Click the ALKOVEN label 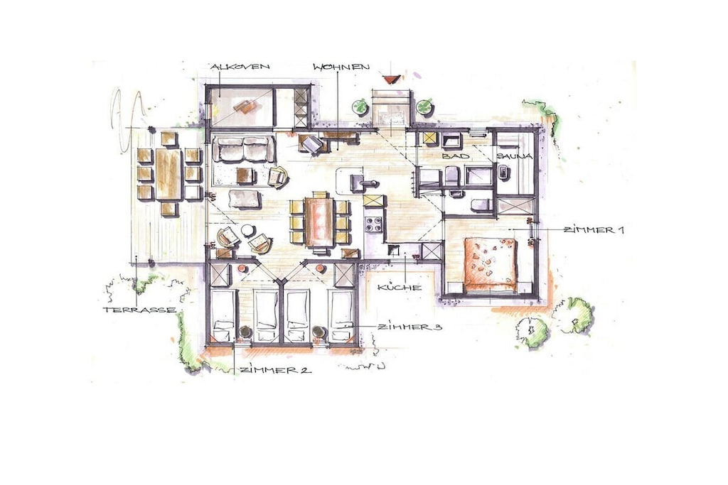pyautogui.click(x=240, y=67)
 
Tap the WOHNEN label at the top pyautogui.click(x=341, y=67)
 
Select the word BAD pyautogui.click(x=456, y=156)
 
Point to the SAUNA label pyautogui.click(x=514, y=156)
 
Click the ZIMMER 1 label pyautogui.click(x=594, y=229)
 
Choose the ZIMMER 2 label pyautogui.click(x=276, y=370)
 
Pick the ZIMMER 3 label pyautogui.click(x=409, y=327)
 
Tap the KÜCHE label pyautogui.click(x=400, y=288)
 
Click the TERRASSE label pyautogui.click(x=139, y=310)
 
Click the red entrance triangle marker pyautogui.click(x=392, y=80)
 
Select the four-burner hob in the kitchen pyautogui.click(x=374, y=224)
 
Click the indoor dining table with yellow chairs pyautogui.click(x=319, y=222)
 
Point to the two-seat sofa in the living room pyautogui.click(x=244, y=149)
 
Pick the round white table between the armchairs pyautogui.click(x=247, y=231)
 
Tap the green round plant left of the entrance pyautogui.click(x=360, y=107)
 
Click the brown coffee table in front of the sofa pyautogui.click(x=245, y=175)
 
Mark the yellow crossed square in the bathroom pyautogui.click(x=430, y=139)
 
